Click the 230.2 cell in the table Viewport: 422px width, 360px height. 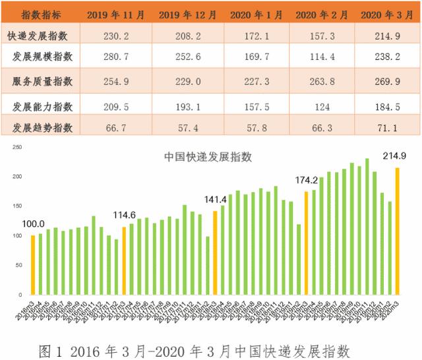(x=121, y=32)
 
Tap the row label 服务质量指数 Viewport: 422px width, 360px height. (x=42, y=82)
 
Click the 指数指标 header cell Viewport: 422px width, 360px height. (x=42, y=12)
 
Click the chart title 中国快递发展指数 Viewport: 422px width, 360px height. (x=208, y=157)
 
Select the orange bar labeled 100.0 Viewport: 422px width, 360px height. (x=33, y=264)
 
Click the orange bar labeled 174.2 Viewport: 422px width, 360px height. (x=306, y=243)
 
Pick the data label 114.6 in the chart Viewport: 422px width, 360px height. (x=124, y=215)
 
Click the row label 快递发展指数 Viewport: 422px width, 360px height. (x=42, y=32)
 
